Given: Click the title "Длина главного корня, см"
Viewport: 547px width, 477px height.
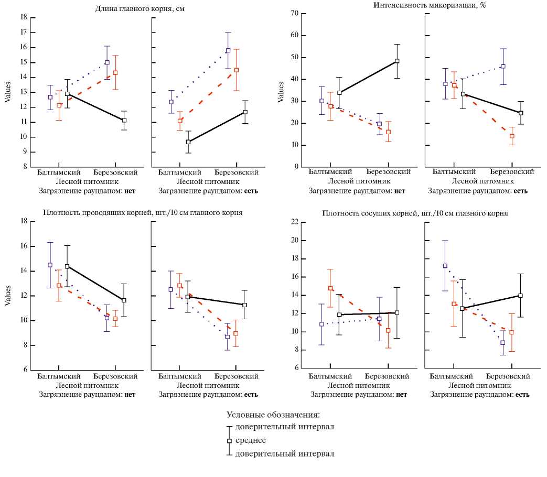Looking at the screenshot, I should point(133,8).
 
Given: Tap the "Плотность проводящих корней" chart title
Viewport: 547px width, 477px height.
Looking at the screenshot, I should point(142,212).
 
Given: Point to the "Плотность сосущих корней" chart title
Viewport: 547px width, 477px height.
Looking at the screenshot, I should point(415,213).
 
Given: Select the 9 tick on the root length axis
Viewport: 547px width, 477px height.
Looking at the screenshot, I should point(25,153).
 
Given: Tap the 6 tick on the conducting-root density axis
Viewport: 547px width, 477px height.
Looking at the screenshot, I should point(25,370).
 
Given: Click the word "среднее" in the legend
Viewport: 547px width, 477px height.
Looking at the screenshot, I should point(251,440).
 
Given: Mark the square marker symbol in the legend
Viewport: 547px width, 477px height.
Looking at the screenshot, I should point(229,441).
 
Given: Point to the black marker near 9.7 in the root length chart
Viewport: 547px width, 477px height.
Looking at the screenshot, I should point(188,142).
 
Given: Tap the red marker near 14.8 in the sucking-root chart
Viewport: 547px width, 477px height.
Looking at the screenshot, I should point(330,288).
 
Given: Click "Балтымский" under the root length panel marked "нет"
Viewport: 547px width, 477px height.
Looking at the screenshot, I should point(58,172).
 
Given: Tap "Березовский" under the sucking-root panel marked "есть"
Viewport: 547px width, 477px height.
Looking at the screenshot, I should point(508,376).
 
